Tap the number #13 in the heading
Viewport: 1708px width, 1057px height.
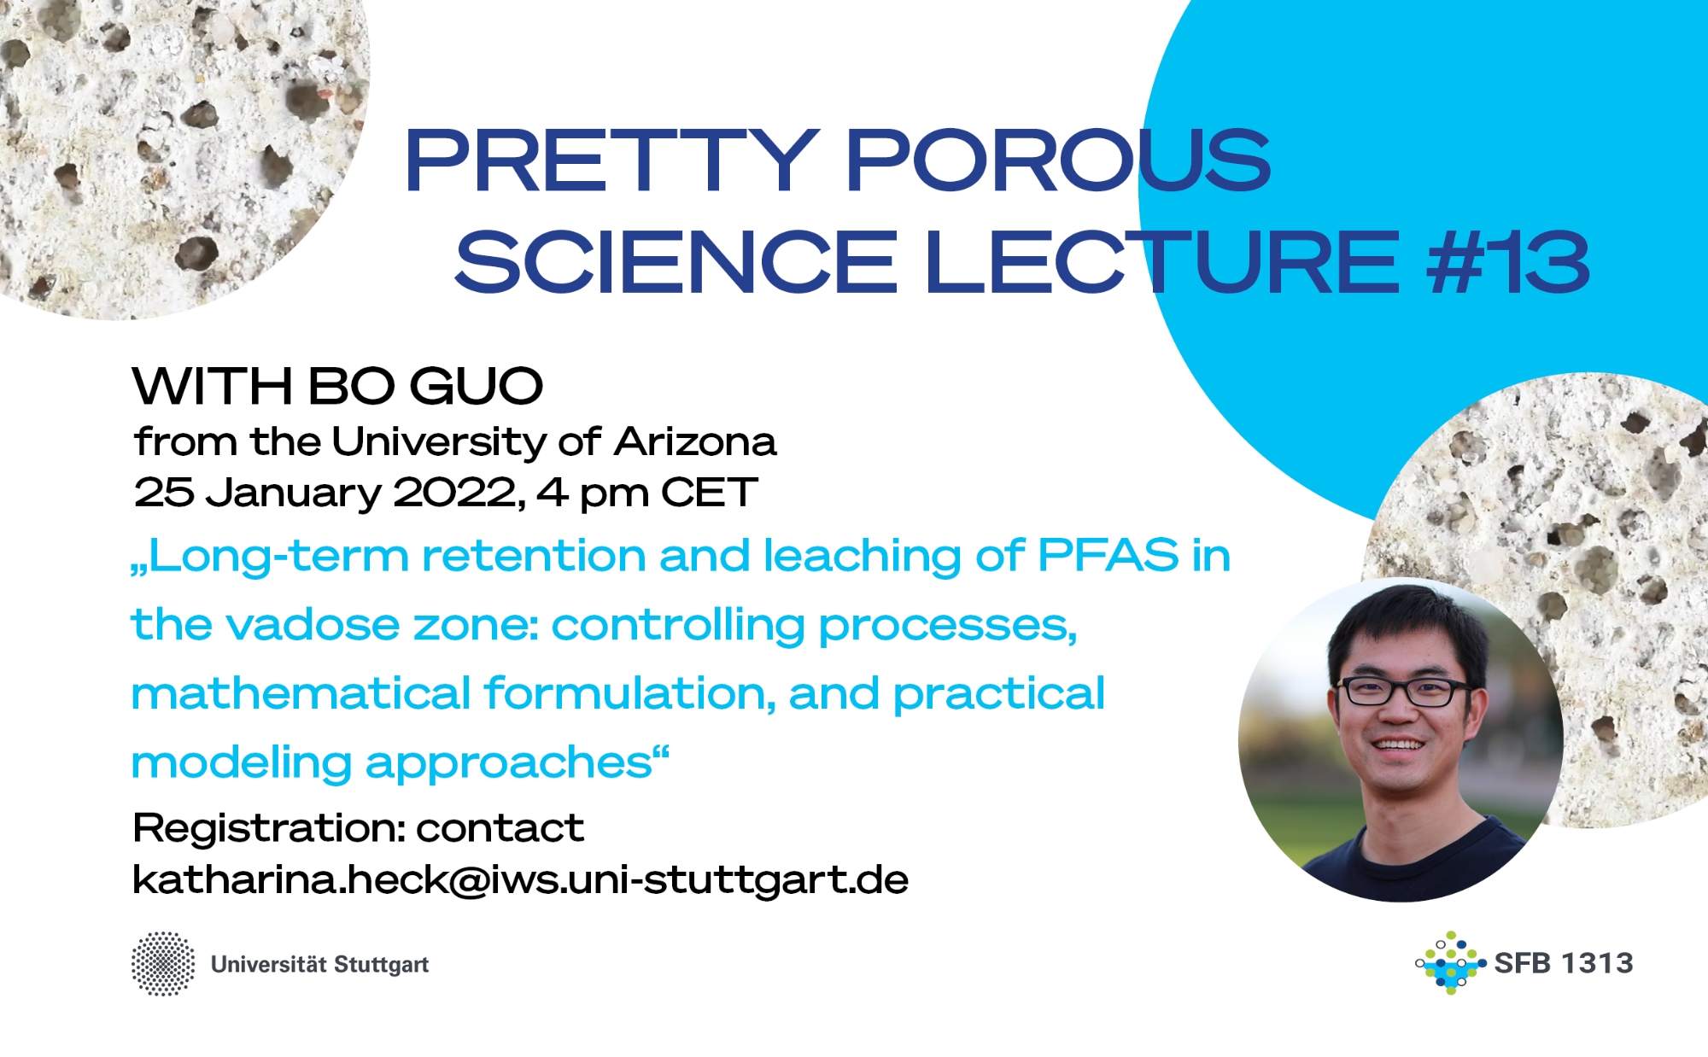click(1508, 262)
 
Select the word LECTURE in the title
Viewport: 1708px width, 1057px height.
click(1162, 262)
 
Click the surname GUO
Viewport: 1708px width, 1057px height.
click(476, 386)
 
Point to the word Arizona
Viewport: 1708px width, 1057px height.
click(695, 442)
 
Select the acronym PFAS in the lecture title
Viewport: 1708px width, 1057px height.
click(1108, 556)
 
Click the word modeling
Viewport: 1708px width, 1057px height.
click(241, 763)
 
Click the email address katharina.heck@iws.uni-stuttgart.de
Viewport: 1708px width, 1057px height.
click(520, 879)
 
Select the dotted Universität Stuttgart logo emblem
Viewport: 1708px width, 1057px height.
click(163, 964)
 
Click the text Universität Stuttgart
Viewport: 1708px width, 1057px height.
click(319, 965)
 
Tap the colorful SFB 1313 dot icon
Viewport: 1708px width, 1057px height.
click(1450, 963)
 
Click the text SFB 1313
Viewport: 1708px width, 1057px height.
click(1564, 963)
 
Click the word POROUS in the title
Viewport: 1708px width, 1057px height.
click(1059, 160)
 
